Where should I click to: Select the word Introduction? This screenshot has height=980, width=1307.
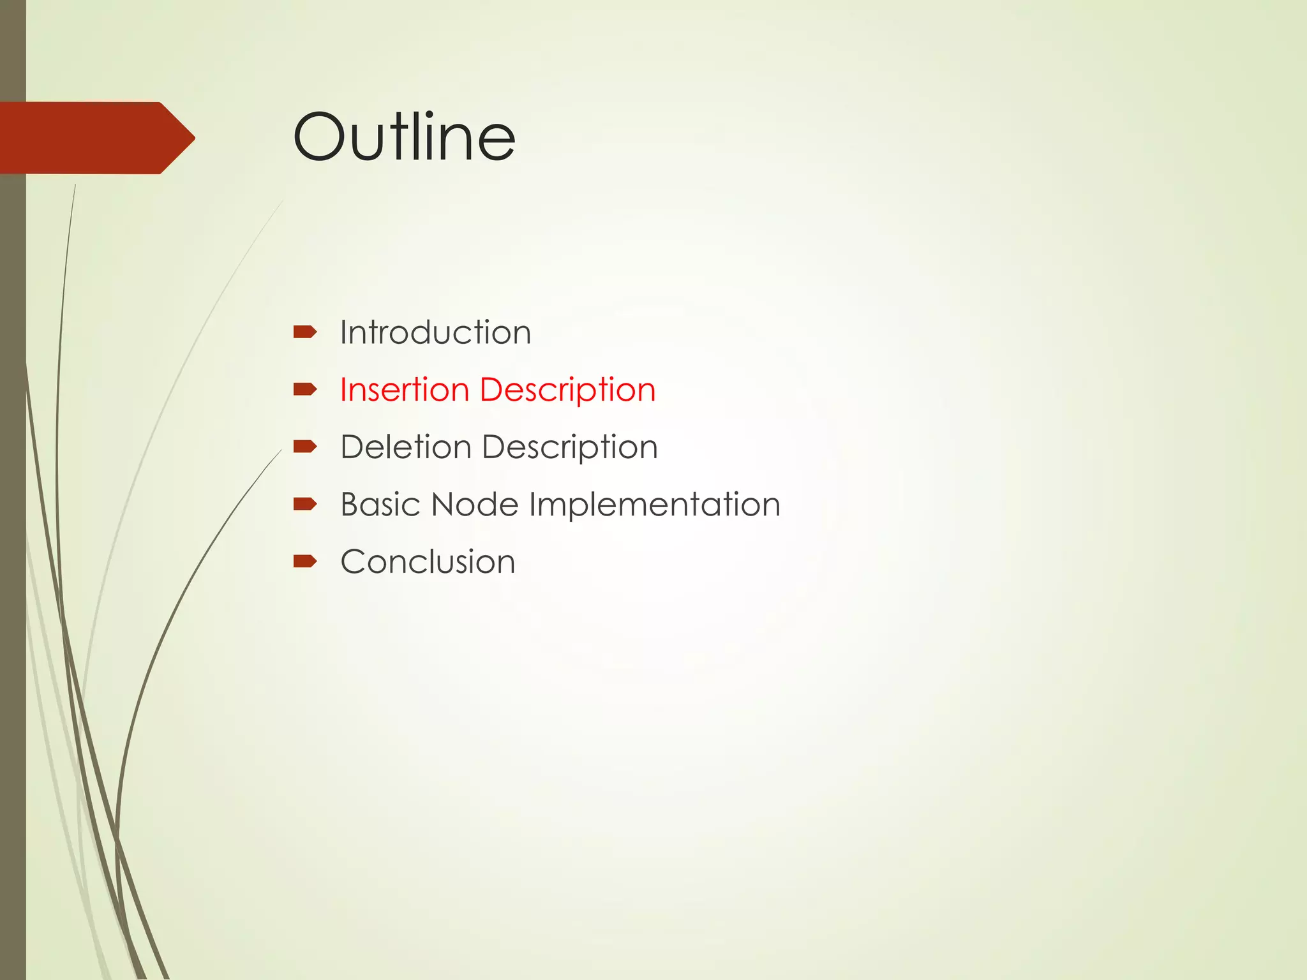pyautogui.click(x=435, y=332)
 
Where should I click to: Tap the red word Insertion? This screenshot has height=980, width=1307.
pyautogui.click(x=405, y=389)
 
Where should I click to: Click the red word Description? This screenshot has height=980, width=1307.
pyautogui.click(x=567, y=390)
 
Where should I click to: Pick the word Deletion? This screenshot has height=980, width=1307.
pyautogui.click(x=406, y=447)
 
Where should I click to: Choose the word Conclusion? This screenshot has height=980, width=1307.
pyautogui.click(x=428, y=561)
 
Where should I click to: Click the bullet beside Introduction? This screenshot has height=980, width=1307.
pyautogui.click(x=304, y=332)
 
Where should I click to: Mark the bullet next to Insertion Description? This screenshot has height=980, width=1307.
pyautogui.click(x=304, y=389)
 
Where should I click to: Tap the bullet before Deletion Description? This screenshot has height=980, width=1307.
pyautogui.click(x=304, y=446)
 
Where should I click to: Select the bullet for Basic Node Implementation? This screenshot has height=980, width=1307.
pyautogui.click(x=304, y=504)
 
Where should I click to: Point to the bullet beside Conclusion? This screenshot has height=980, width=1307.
pyautogui.click(x=304, y=561)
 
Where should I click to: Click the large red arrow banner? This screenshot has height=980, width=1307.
pyautogui.click(x=96, y=138)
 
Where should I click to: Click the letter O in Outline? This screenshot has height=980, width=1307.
pyautogui.click(x=318, y=137)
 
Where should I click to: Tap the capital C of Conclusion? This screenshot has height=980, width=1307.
pyautogui.click(x=354, y=561)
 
